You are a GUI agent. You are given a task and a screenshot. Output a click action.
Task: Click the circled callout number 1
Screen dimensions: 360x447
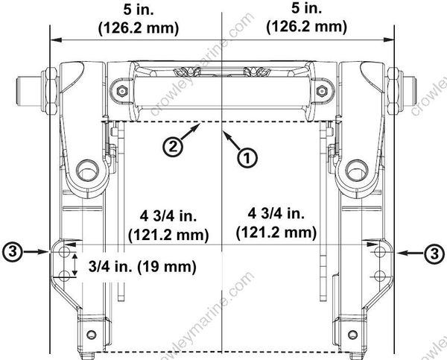(x=247, y=157)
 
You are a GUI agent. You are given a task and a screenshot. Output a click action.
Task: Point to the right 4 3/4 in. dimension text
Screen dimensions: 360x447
(x=277, y=224)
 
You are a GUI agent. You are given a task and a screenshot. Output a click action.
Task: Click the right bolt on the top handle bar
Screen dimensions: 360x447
(x=322, y=92)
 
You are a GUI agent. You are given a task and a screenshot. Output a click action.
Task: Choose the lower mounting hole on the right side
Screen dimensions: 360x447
(x=380, y=276)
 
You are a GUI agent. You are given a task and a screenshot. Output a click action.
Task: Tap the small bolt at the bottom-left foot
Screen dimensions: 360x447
(x=92, y=332)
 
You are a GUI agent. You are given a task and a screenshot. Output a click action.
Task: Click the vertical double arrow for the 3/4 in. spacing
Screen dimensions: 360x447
(x=74, y=265)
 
